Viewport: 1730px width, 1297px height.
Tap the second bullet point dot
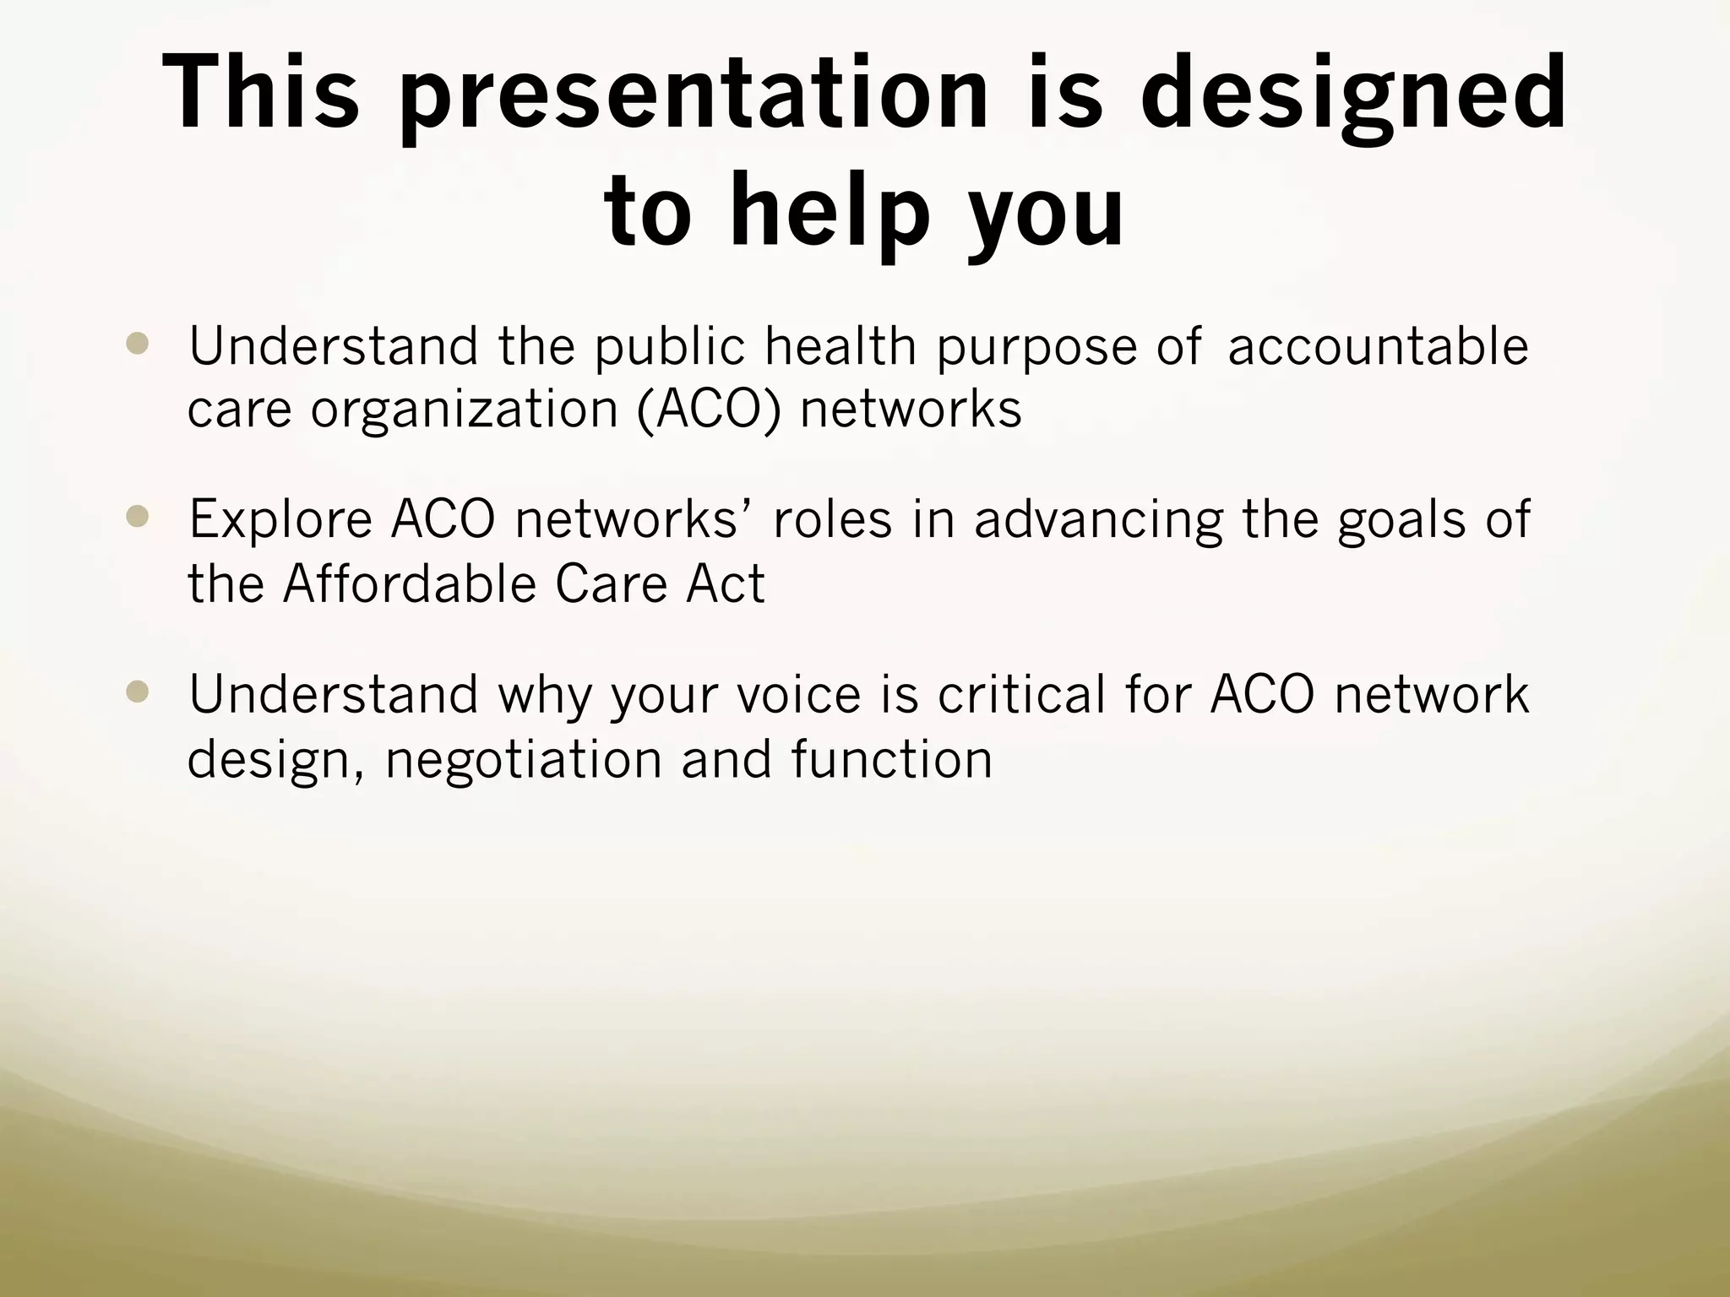[x=136, y=517]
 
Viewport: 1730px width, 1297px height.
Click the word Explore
[x=280, y=519]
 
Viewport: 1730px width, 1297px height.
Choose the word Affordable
[x=409, y=583]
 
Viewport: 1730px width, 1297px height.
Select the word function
[x=892, y=758]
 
